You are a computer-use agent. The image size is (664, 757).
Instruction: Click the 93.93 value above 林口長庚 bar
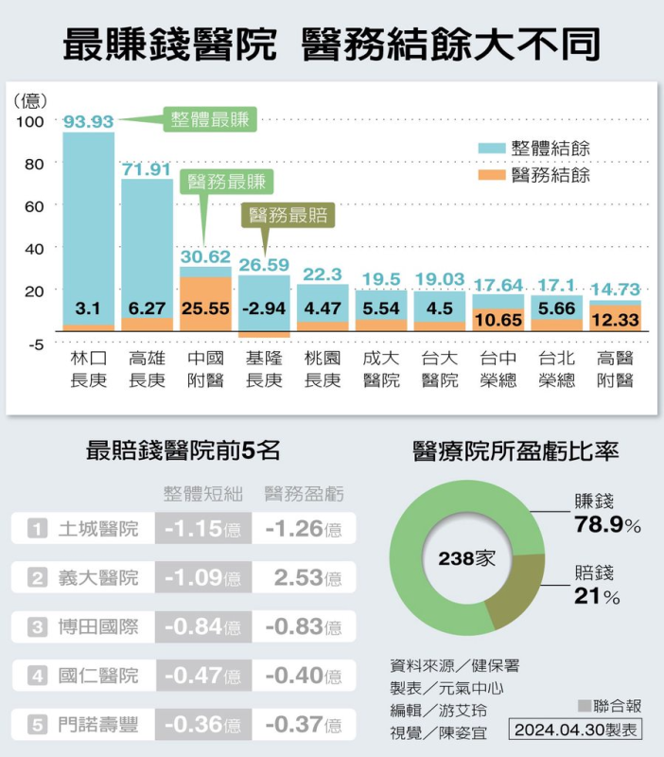pyautogui.click(x=88, y=121)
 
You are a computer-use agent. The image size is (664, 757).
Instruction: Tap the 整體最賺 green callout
pyautogui.click(x=210, y=119)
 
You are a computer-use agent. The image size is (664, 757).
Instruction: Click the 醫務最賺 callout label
pyautogui.click(x=227, y=181)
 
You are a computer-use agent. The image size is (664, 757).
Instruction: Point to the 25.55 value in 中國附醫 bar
pyautogui.click(x=205, y=307)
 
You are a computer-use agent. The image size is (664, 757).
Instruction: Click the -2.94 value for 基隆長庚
pyautogui.click(x=264, y=307)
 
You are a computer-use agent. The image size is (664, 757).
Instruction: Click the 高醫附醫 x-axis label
pyautogui.click(x=616, y=369)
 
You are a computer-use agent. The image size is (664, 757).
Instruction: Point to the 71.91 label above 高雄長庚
pyautogui.click(x=147, y=169)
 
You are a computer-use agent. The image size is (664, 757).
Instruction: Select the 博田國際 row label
pyautogui.click(x=97, y=626)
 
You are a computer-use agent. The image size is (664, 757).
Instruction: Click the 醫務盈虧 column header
pyautogui.click(x=304, y=493)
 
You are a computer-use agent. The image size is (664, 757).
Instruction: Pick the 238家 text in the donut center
pyautogui.click(x=467, y=558)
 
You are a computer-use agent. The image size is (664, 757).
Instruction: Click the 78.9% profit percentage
pyautogui.click(x=608, y=524)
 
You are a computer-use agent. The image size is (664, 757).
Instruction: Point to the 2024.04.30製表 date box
pyautogui.click(x=575, y=730)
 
